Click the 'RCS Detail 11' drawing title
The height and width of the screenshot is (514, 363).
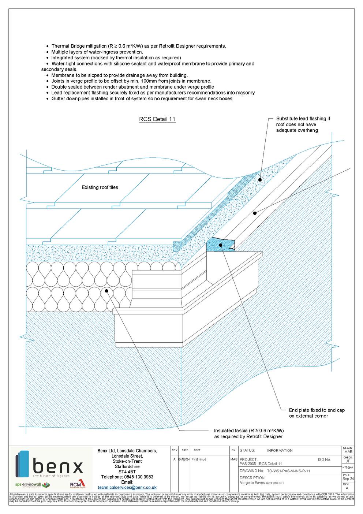coord(157,119)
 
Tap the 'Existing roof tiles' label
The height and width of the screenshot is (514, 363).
coord(100,187)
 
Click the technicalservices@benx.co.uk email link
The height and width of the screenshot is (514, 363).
coord(127,488)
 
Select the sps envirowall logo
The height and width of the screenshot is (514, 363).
coord(32,485)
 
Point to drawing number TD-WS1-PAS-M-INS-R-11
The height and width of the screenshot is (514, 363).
coord(288,471)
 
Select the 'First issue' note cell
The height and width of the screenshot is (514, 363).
coord(199,459)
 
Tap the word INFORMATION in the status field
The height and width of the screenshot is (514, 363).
coord(280,451)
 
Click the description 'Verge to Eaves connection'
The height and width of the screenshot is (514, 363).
coord(262,483)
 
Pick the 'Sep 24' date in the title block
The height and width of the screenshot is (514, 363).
coord(348,478)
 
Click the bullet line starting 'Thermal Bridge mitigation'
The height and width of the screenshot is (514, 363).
coord(138,46)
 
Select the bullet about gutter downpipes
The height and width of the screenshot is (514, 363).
coord(141,98)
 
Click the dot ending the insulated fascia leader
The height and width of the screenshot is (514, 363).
coord(106,291)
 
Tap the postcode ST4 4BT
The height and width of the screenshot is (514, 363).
coord(127,472)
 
